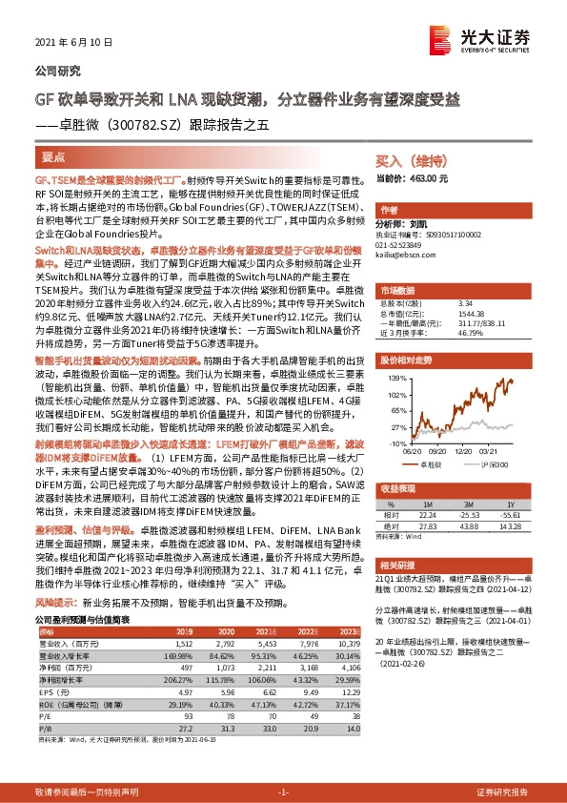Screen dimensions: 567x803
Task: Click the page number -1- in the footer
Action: click(x=283, y=793)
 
